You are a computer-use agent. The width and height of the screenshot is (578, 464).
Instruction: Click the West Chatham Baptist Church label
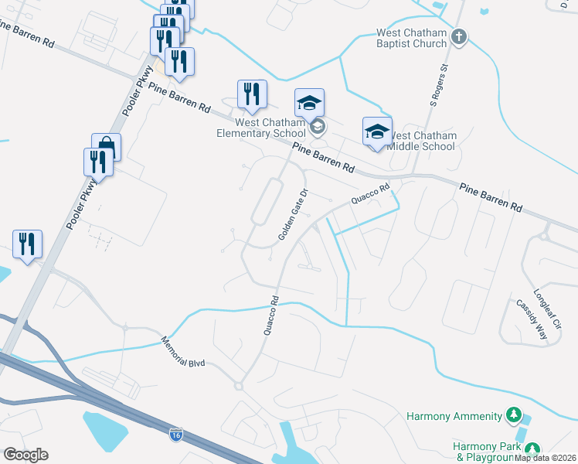pos(411,39)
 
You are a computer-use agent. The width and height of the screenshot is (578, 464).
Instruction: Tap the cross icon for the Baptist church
pos(459,36)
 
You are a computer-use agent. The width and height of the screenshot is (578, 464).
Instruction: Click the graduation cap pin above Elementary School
pos(309,103)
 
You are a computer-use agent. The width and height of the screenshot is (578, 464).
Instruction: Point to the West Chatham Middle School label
pos(421,141)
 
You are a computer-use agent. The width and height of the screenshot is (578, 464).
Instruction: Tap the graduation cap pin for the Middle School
pos(377,131)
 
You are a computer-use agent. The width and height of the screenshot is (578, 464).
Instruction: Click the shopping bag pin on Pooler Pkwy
pos(107,147)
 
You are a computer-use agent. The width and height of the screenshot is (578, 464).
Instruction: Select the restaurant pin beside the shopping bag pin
pos(98,162)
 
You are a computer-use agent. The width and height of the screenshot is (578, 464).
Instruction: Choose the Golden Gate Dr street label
pos(293,216)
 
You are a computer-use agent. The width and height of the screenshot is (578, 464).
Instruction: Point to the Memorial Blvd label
pos(183,352)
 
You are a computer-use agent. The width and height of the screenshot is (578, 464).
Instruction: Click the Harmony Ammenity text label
pos(454,417)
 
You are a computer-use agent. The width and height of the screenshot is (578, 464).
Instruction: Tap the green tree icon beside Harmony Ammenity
pos(512,416)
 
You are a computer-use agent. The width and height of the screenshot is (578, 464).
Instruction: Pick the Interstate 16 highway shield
pos(176,435)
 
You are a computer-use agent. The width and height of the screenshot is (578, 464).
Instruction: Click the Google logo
pos(25,455)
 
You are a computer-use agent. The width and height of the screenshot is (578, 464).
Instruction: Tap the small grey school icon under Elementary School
pos(317,127)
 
